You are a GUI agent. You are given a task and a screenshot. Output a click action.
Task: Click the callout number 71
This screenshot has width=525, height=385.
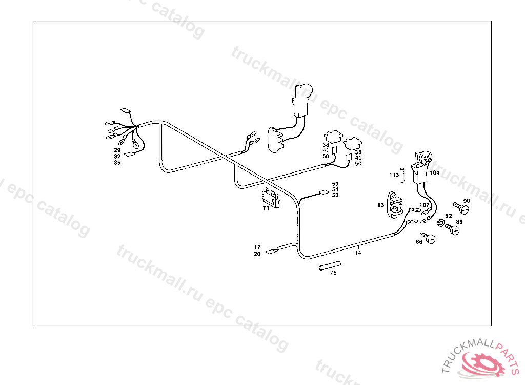point(266,209)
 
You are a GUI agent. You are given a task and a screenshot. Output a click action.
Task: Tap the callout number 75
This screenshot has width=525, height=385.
point(333,273)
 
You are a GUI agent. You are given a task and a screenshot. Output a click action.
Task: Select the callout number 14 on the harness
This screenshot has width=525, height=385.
point(357,253)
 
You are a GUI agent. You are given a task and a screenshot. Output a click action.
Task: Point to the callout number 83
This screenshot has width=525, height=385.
point(380,205)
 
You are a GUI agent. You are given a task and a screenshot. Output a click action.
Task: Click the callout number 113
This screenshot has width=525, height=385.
point(394,175)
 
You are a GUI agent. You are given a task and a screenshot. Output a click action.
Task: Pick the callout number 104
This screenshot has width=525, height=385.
point(434,173)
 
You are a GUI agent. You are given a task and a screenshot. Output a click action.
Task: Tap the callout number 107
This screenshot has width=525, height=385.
point(424,205)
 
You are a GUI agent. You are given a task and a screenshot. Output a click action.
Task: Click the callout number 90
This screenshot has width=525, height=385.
point(467,201)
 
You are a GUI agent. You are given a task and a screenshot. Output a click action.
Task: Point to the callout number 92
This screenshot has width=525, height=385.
point(449,216)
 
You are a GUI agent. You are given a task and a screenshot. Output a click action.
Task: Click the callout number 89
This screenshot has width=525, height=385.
point(459,222)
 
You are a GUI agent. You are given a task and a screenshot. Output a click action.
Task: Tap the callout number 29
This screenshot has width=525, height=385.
point(117,150)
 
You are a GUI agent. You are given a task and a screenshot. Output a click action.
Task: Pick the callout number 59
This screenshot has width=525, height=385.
point(335,183)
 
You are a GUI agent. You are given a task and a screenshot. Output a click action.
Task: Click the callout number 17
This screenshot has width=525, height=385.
point(257,247)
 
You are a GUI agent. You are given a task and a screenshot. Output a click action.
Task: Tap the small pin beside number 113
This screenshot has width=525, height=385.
point(402,175)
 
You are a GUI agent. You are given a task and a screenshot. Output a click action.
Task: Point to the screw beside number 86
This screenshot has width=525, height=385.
point(431,239)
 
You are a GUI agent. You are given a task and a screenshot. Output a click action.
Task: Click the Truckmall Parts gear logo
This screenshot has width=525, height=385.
point(485,362)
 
